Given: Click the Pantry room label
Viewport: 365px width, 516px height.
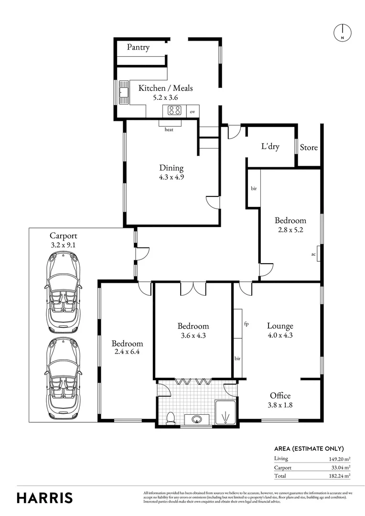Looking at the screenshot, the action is pos(138,47).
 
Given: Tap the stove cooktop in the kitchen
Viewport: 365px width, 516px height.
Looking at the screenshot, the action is pos(174,110).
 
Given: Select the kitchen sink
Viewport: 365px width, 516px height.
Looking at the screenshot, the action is pos(124,93).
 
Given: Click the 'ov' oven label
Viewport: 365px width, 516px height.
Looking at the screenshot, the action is pos(192,111).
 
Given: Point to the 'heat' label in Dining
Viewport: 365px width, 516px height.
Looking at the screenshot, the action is pos(169,129).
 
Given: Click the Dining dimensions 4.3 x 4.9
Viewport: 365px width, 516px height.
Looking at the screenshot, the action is pos(171,177).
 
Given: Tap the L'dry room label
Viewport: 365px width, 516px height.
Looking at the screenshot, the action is pos(270,146).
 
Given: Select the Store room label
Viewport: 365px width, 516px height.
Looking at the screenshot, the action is pos(309,148).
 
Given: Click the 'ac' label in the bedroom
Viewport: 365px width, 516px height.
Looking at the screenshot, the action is pos(313,254).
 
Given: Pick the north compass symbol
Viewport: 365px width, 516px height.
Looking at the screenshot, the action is pos(343,32).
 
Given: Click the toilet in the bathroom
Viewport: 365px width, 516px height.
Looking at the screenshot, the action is pos(171,418).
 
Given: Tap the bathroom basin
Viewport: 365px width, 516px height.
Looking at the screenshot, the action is pos(197,419).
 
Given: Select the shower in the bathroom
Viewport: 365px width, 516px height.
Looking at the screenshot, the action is pos(225,412).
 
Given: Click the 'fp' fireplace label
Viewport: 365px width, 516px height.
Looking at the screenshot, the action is pos(246,324).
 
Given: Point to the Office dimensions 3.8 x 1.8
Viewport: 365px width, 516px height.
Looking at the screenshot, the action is pos(280,405).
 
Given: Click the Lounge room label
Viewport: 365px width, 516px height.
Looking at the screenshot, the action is pos(280,326).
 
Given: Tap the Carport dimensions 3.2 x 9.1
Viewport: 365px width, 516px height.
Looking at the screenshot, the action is pos(63,245).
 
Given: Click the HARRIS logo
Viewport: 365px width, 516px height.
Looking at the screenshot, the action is pos(45,498).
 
